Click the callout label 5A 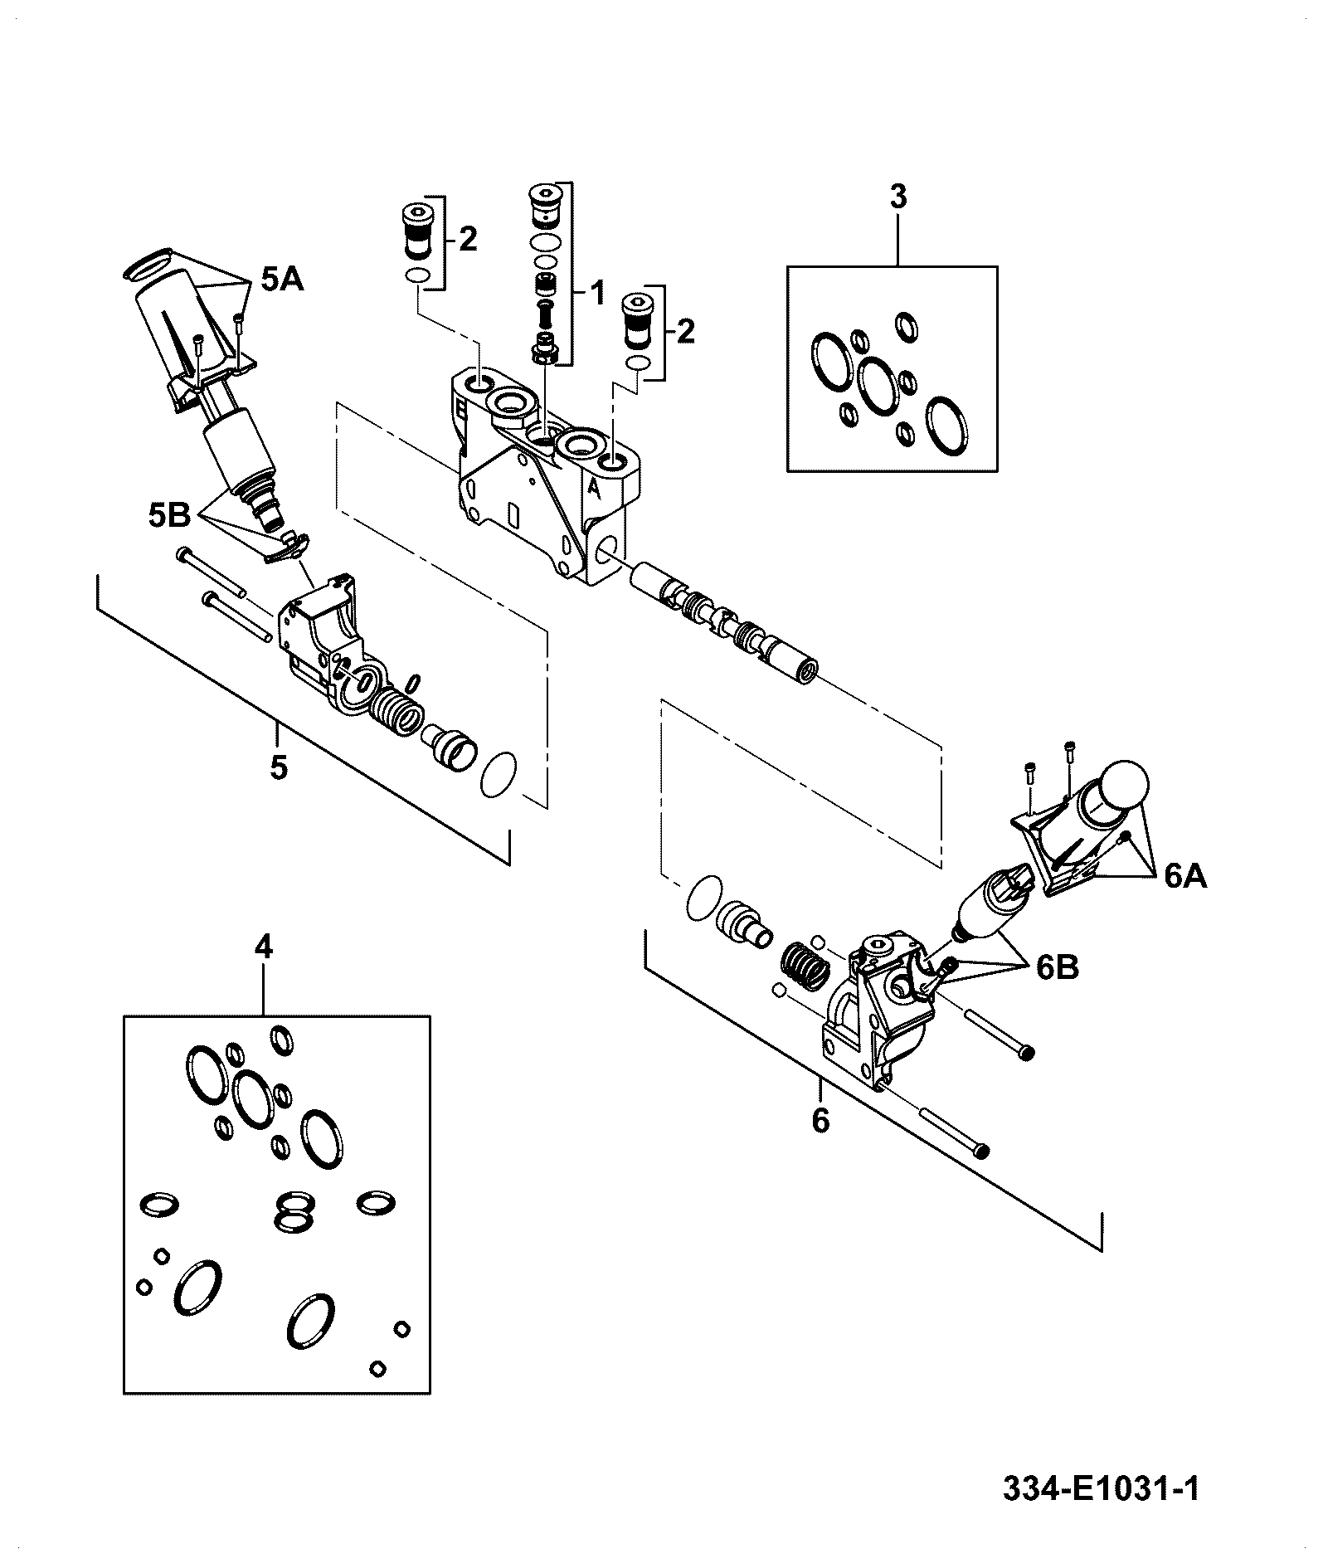[283, 280]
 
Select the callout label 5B [170, 516]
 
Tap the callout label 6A [1185, 876]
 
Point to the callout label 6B [1058, 967]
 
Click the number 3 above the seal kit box [898, 197]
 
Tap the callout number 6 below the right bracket [820, 1122]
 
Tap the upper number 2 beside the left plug [468, 240]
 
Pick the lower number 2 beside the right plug [685, 332]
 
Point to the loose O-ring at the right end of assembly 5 [499, 774]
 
